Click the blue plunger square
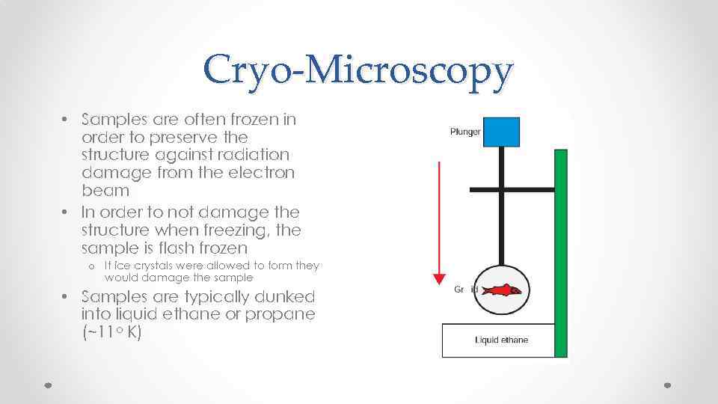(x=501, y=132)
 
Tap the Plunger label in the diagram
(x=465, y=132)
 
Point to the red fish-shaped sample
(x=503, y=290)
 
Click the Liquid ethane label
(x=501, y=340)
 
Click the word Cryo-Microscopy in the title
(x=358, y=72)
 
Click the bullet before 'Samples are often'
(x=66, y=119)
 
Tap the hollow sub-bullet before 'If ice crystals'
(x=90, y=266)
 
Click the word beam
(x=105, y=191)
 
